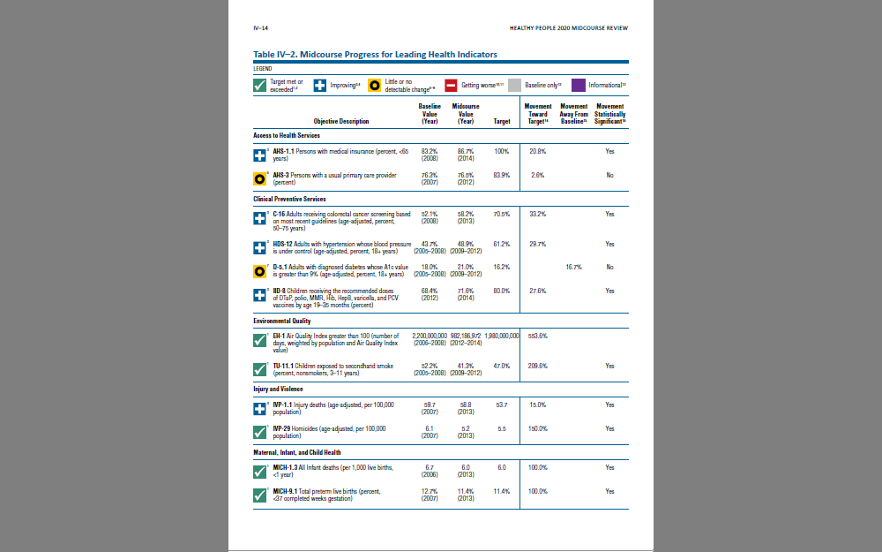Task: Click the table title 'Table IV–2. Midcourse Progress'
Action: (375, 55)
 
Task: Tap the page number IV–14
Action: (260, 28)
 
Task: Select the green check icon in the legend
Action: (260, 85)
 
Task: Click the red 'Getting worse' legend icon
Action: (450, 85)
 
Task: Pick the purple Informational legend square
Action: (579, 85)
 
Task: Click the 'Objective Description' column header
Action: (341, 121)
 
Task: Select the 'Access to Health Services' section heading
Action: (287, 136)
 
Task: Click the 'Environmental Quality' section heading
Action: (282, 321)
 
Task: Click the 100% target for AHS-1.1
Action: (502, 152)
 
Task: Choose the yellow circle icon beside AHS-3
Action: (260, 178)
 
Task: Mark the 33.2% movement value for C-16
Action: (538, 215)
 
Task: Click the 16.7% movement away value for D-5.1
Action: (574, 267)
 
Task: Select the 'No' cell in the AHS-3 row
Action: (609, 176)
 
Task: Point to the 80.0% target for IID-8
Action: (502, 291)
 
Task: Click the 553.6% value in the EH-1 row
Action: (538, 336)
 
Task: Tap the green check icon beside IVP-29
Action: (260, 432)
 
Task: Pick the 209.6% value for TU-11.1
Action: (538, 366)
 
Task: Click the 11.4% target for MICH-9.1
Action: (502, 491)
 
